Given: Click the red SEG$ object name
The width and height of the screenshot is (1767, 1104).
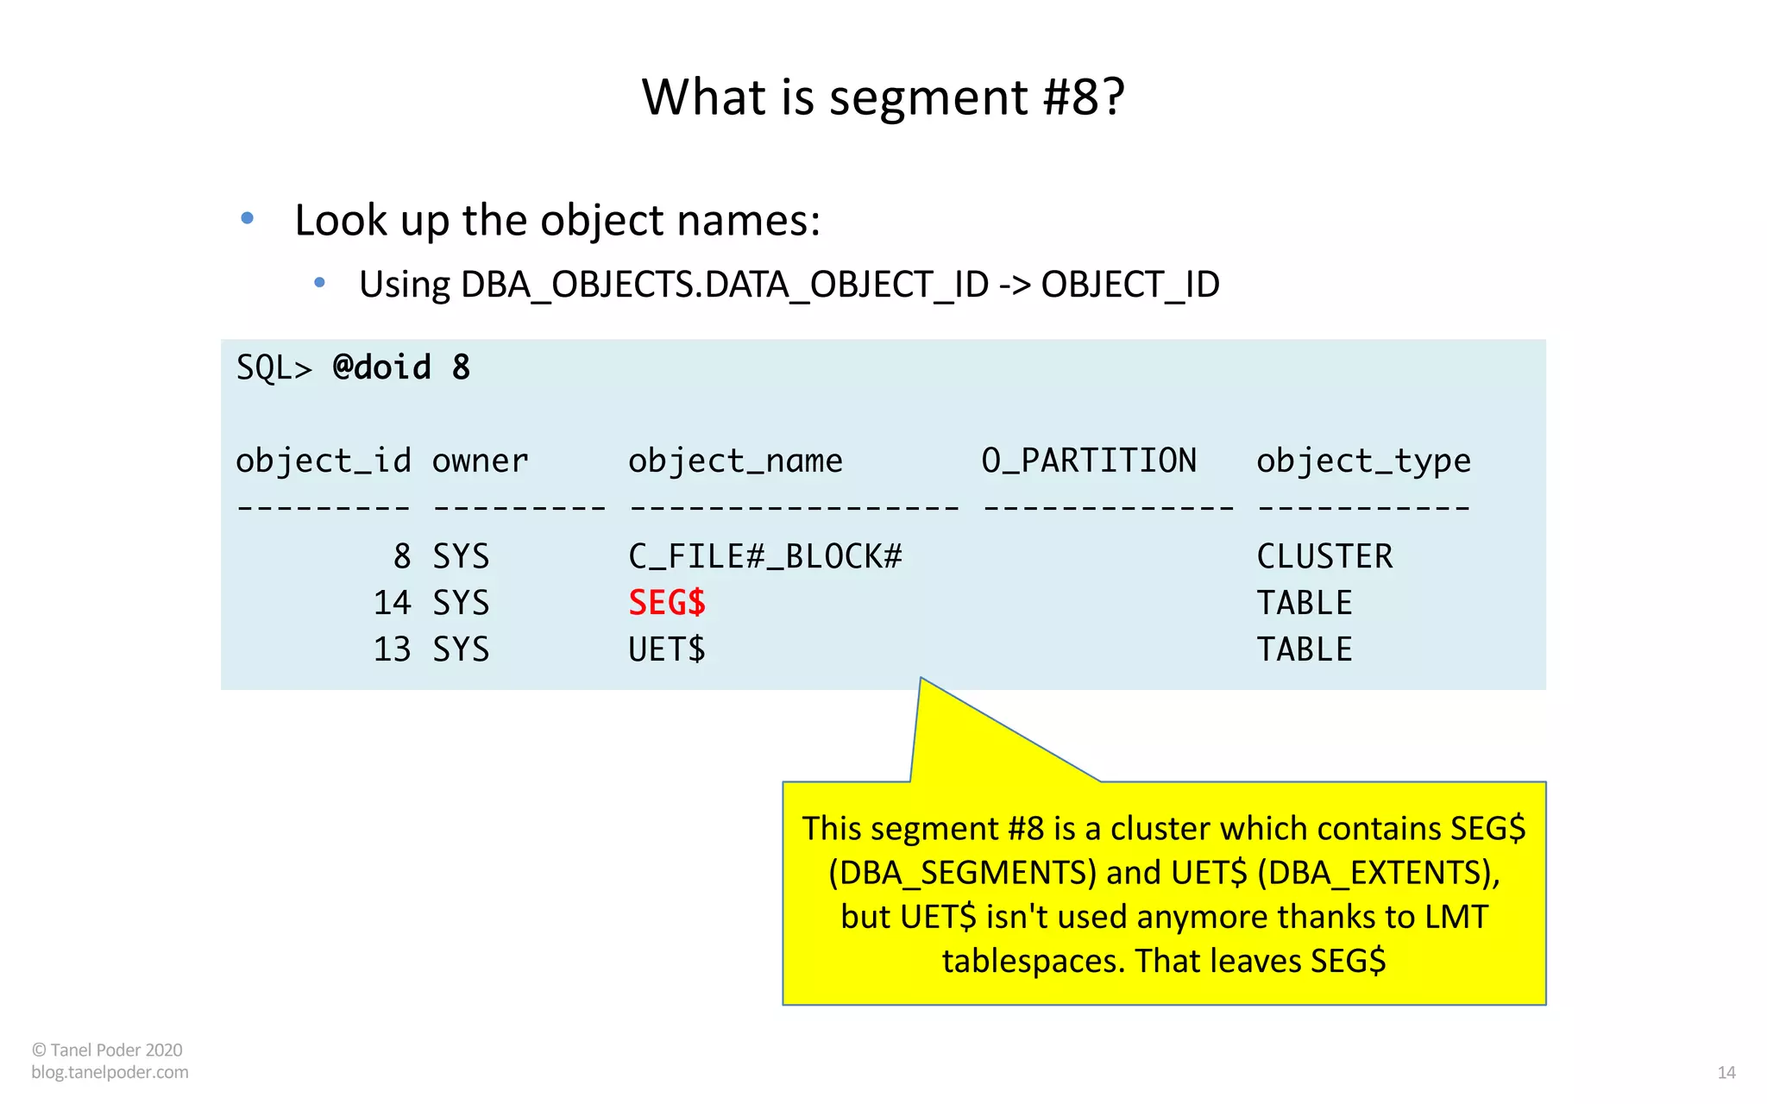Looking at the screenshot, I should [x=667, y=603].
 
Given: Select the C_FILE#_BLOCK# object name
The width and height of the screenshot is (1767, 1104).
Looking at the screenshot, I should [x=764, y=556].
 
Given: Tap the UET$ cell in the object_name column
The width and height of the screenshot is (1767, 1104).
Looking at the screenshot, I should [x=667, y=649].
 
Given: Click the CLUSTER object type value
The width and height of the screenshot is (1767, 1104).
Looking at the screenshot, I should [x=1324, y=556].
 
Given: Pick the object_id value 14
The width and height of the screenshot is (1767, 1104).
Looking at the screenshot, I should [x=392, y=603].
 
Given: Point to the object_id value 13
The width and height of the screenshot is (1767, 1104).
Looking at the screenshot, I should [x=392, y=649].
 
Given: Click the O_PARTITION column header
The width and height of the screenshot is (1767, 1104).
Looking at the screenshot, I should [x=1089, y=461].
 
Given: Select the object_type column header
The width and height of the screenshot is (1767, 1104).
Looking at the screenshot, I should [x=1363, y=461].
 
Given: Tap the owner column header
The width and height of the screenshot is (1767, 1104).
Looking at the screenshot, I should [x=480, y=461].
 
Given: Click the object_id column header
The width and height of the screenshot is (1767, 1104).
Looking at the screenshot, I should [x=324, y=461].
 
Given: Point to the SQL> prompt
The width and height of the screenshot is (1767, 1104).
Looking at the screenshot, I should [x=274, y=368].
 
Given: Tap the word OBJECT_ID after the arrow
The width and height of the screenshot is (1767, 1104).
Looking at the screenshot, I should [x=1130, y=285].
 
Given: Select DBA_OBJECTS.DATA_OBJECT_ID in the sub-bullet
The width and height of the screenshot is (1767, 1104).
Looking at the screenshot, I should [x=725, y=285].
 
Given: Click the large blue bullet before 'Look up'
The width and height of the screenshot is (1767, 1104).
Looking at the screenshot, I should [x=248, y=218].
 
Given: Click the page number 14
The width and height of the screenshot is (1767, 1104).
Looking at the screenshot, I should [x=1726, y=1073].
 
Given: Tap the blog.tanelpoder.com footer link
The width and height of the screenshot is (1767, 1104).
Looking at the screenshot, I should [x=110, y=1072].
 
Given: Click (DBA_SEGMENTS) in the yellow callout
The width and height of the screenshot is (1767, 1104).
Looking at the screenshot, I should [x=962, y=873].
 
